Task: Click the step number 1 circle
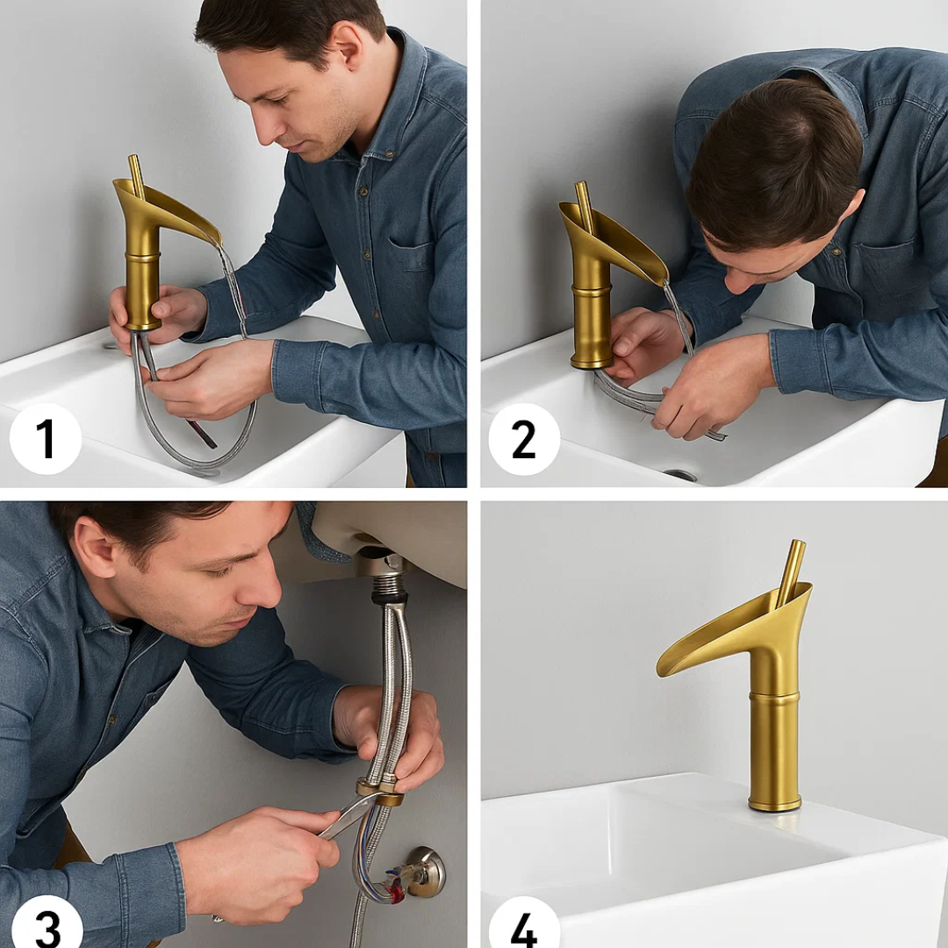(x=46, y=439)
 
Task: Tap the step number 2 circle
(x=524, y=439)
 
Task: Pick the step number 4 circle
(x=524, y=926)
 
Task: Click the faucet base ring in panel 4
(x=774, y=803)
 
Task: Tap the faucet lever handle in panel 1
(x=137, y=176)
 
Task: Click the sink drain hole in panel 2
(x=681, y=475)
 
